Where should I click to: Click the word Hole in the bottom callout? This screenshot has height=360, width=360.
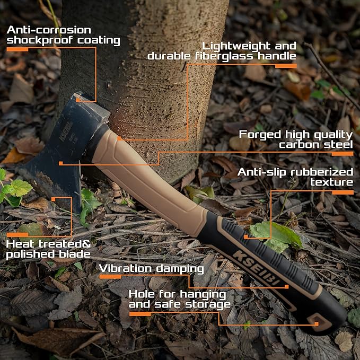[143, 294]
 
